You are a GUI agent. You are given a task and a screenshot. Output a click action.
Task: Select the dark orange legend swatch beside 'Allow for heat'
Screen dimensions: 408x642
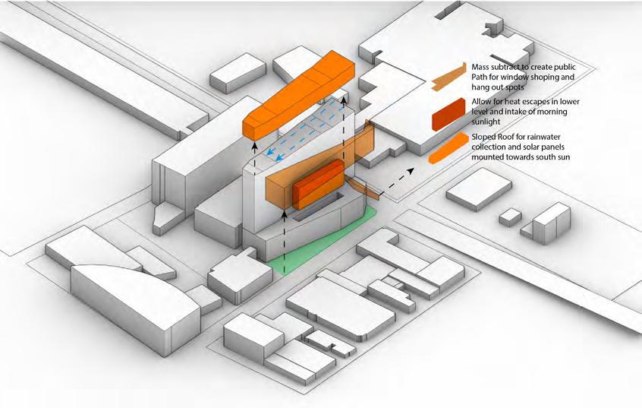pyautogui.click(x=448, y=115)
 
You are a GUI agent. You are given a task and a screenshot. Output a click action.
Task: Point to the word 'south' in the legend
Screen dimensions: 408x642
pyautogui.click(x=549, y=160)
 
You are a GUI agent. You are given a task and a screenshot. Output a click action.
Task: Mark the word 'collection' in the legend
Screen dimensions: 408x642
pyautogui.click(x=492, y=149)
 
